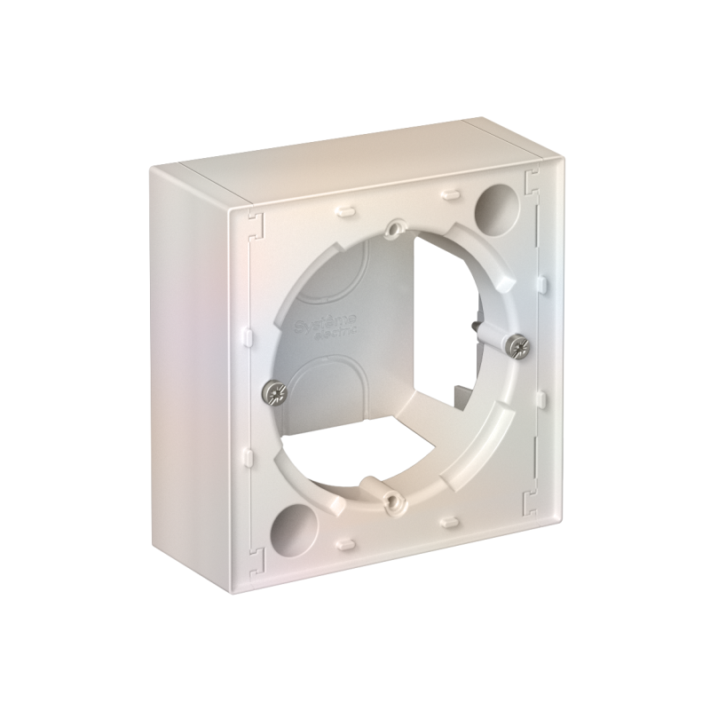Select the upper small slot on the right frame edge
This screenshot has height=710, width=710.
pyautogui.click(x=538, y=283)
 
